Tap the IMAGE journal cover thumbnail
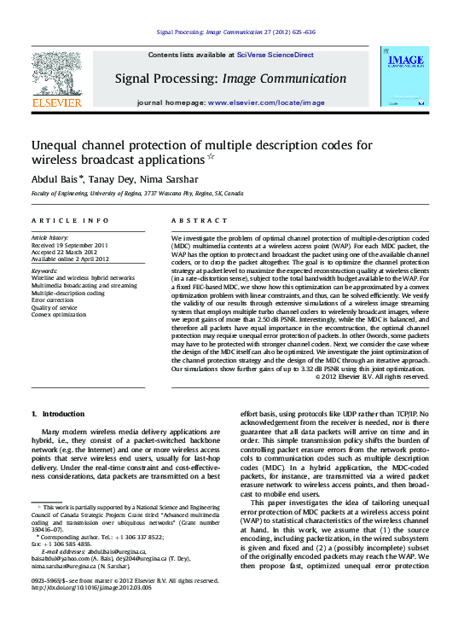point(406,79)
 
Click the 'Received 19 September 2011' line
point(70,244)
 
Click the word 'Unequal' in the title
point(59,146)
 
